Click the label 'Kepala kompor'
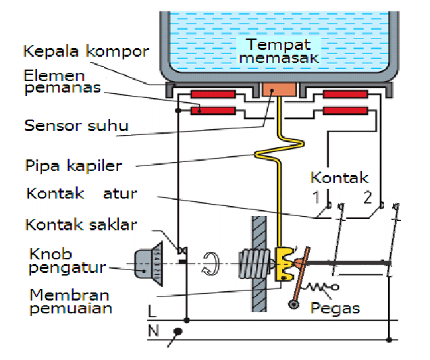(x=85, y=51)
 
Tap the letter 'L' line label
(x=152, y=311)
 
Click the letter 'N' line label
(x=153, y=332)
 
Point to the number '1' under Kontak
(x=315, y=198)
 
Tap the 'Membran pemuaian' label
(x=70, y=302)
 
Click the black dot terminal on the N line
(x=178, y=331)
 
